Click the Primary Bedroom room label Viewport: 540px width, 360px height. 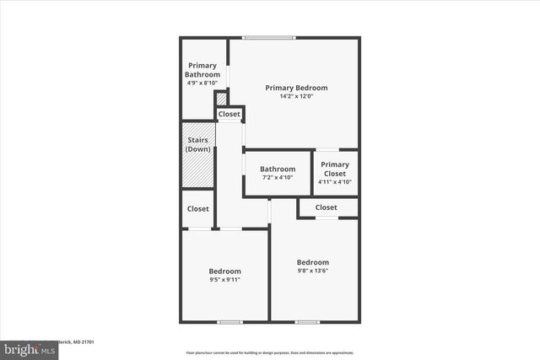tap(296, 88)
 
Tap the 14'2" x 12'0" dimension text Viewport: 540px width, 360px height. tap(296, 96)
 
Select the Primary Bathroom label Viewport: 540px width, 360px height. tap(202, 70)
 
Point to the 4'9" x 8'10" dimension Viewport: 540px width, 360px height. tap(202, 83)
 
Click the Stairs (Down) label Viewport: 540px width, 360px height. tap(197, 144)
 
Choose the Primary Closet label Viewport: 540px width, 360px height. tap(335, 169)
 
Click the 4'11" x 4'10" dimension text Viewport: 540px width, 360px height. tap(335, 181)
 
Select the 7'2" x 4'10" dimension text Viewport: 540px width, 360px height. tap(278, 178)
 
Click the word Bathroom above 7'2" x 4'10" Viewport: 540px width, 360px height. tap(278, 169)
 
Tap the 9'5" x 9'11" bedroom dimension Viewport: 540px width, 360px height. tap(225, 280)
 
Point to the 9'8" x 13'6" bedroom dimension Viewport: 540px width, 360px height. tap(313, 271)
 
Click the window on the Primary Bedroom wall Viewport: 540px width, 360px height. tap(269, 37)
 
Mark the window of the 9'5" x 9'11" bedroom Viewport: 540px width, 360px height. tap(229, 322)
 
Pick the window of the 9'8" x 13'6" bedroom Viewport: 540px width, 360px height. tap(307, 322)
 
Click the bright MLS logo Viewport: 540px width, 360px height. tap(25, 348)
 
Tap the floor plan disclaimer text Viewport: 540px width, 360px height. tap(270, 352)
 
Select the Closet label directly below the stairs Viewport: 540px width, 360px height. tap(198, 208)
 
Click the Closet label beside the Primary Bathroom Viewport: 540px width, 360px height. tap(229, 114)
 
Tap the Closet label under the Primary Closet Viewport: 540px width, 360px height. tap(327, 207)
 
